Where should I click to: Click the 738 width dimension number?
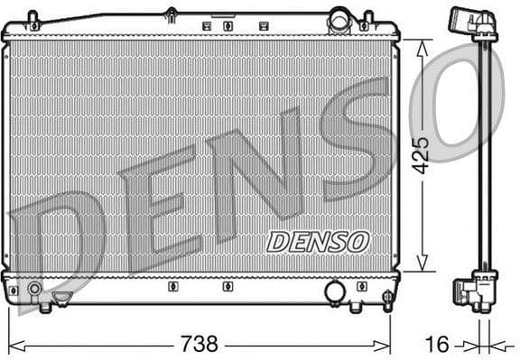[x=200, y=344]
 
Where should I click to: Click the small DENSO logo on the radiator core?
[x=318, y=241]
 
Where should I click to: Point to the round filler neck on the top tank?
[x=339, y=19]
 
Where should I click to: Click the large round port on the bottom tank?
[x=334, y=291]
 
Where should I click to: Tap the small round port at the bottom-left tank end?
[x=34, y=290]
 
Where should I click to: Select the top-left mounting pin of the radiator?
[x=32, y=19]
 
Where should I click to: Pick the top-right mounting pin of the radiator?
[x=367, y=19]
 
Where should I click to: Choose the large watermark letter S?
[x=357, y=144]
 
